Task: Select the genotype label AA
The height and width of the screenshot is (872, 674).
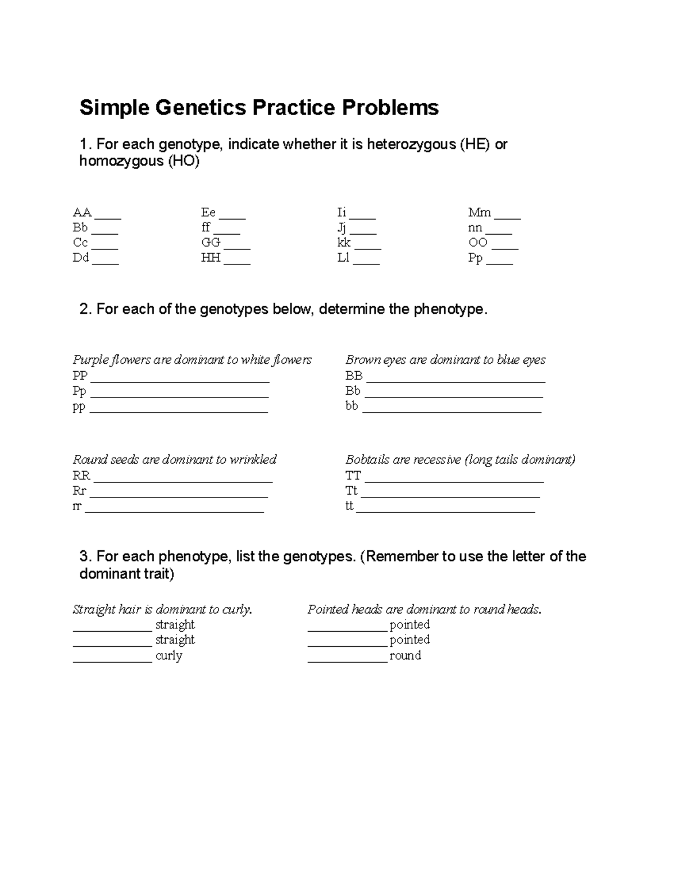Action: click(x=82, y=212)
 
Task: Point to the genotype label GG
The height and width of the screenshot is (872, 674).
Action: click(x=211, y=243)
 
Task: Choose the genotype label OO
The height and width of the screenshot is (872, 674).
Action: click(x=478, y=243)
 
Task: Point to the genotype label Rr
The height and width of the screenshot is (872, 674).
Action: click(x=79, y=491)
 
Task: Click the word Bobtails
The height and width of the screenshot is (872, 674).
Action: click(x=367, y=460)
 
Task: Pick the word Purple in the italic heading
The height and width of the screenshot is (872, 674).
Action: click(x=89, y=360)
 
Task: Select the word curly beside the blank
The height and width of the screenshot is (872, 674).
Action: click(x=169, y=655)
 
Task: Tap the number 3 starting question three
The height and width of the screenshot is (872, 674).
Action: click(x=84, y=556)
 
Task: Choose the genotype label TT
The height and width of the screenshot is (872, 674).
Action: click(x=353, y=476)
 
